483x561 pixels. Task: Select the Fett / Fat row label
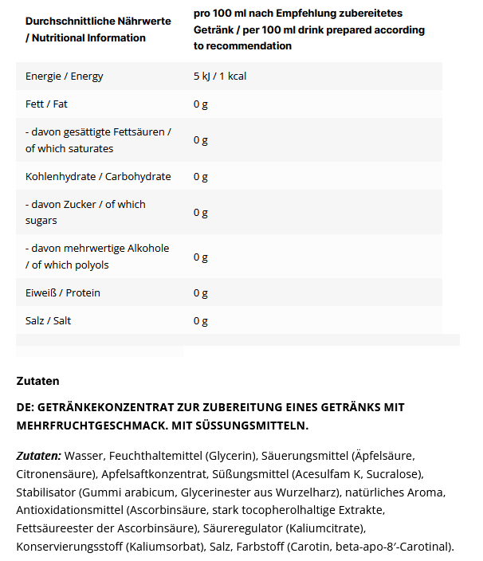coord(47,104)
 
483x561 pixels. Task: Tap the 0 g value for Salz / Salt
coord(200,321)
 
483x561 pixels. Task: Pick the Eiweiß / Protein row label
coord(63,293)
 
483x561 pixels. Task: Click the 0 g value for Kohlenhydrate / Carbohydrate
coord(200,176)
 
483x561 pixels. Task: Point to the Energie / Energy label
coord(65,76)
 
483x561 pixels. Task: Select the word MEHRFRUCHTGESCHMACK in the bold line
coord(83,426)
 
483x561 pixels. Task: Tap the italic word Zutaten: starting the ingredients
coord(38,456)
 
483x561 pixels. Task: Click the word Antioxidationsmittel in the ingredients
coord(69,510)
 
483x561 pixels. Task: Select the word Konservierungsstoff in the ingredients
coord(70,547)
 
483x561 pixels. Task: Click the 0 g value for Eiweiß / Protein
coord(200,293)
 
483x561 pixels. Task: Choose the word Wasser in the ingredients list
coord(84,456)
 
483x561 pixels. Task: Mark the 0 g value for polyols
coord(200,257)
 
